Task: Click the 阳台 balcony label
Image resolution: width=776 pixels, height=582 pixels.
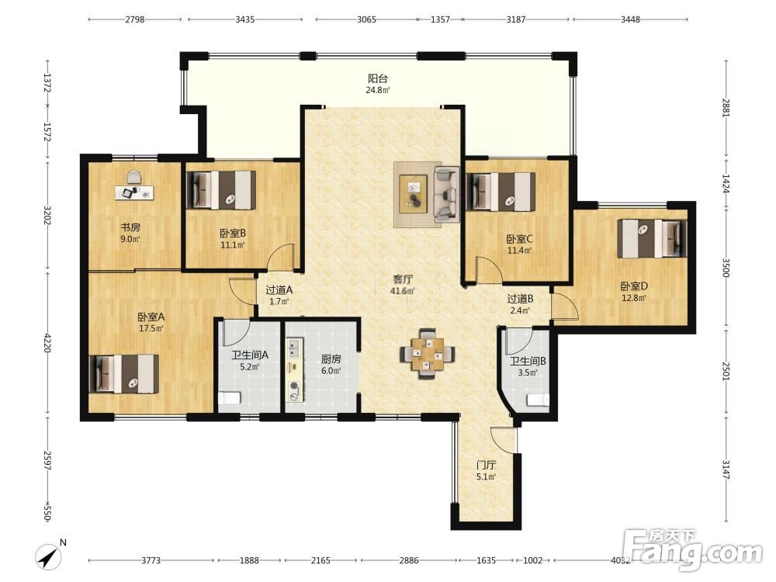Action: (378, 78)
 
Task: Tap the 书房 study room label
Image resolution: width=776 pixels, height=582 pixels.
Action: (130, 227)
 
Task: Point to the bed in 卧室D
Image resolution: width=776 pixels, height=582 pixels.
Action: (653, 238)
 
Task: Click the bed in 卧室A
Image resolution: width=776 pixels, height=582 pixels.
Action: (124, 374)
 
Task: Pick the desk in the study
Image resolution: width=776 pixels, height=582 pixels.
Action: (134, 192)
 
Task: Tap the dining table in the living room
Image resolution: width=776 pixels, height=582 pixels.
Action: (428, 354)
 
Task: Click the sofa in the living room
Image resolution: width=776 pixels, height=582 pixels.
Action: (447, 195)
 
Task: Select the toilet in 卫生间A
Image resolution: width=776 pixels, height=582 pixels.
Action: (229, 398)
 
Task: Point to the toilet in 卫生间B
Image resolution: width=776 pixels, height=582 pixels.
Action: (538, 400)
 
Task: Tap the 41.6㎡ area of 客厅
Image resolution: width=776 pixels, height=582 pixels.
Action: (401, 291)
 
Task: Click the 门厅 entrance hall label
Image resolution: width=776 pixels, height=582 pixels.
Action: (486, 465)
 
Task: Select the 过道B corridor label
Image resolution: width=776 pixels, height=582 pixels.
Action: (520, 299)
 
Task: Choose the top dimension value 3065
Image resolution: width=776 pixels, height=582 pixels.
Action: (366, 20)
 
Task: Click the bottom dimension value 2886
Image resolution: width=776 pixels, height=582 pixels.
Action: (409, 560)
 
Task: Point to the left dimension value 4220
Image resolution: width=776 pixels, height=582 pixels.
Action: (47, 342)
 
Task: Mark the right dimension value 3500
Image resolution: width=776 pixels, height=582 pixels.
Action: (726, 268)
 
